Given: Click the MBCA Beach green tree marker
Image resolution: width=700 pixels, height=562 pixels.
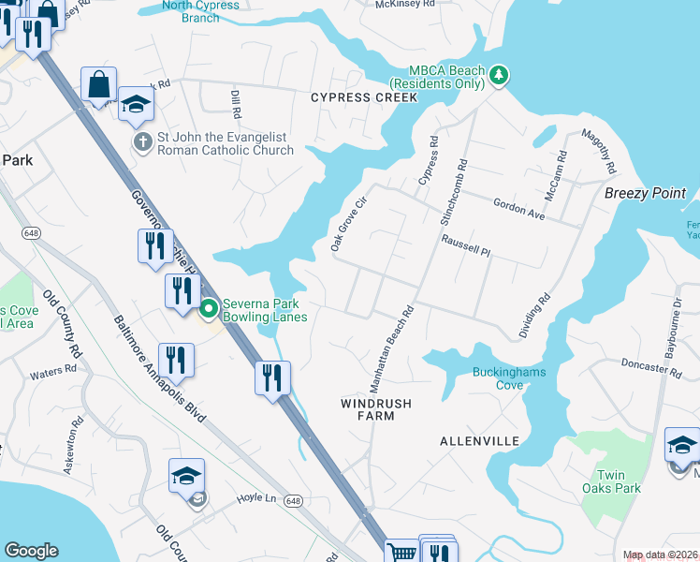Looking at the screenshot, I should [499, 76].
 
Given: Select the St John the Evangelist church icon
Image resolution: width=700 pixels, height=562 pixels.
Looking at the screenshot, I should [142, 143].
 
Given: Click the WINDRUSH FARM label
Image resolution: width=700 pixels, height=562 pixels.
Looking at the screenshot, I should [368, 409].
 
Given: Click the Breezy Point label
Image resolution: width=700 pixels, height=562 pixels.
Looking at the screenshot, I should [645, 193].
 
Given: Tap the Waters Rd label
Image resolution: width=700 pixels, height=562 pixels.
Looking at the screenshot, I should [52, 373].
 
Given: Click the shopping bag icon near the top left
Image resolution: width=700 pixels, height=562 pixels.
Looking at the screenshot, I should [98, 85].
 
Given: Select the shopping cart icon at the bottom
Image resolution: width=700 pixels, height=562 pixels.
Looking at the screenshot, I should [401, 553].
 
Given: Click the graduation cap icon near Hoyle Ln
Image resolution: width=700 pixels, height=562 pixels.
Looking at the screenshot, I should [187, 477].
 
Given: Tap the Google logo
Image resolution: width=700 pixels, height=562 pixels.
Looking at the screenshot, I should [31, 551].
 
